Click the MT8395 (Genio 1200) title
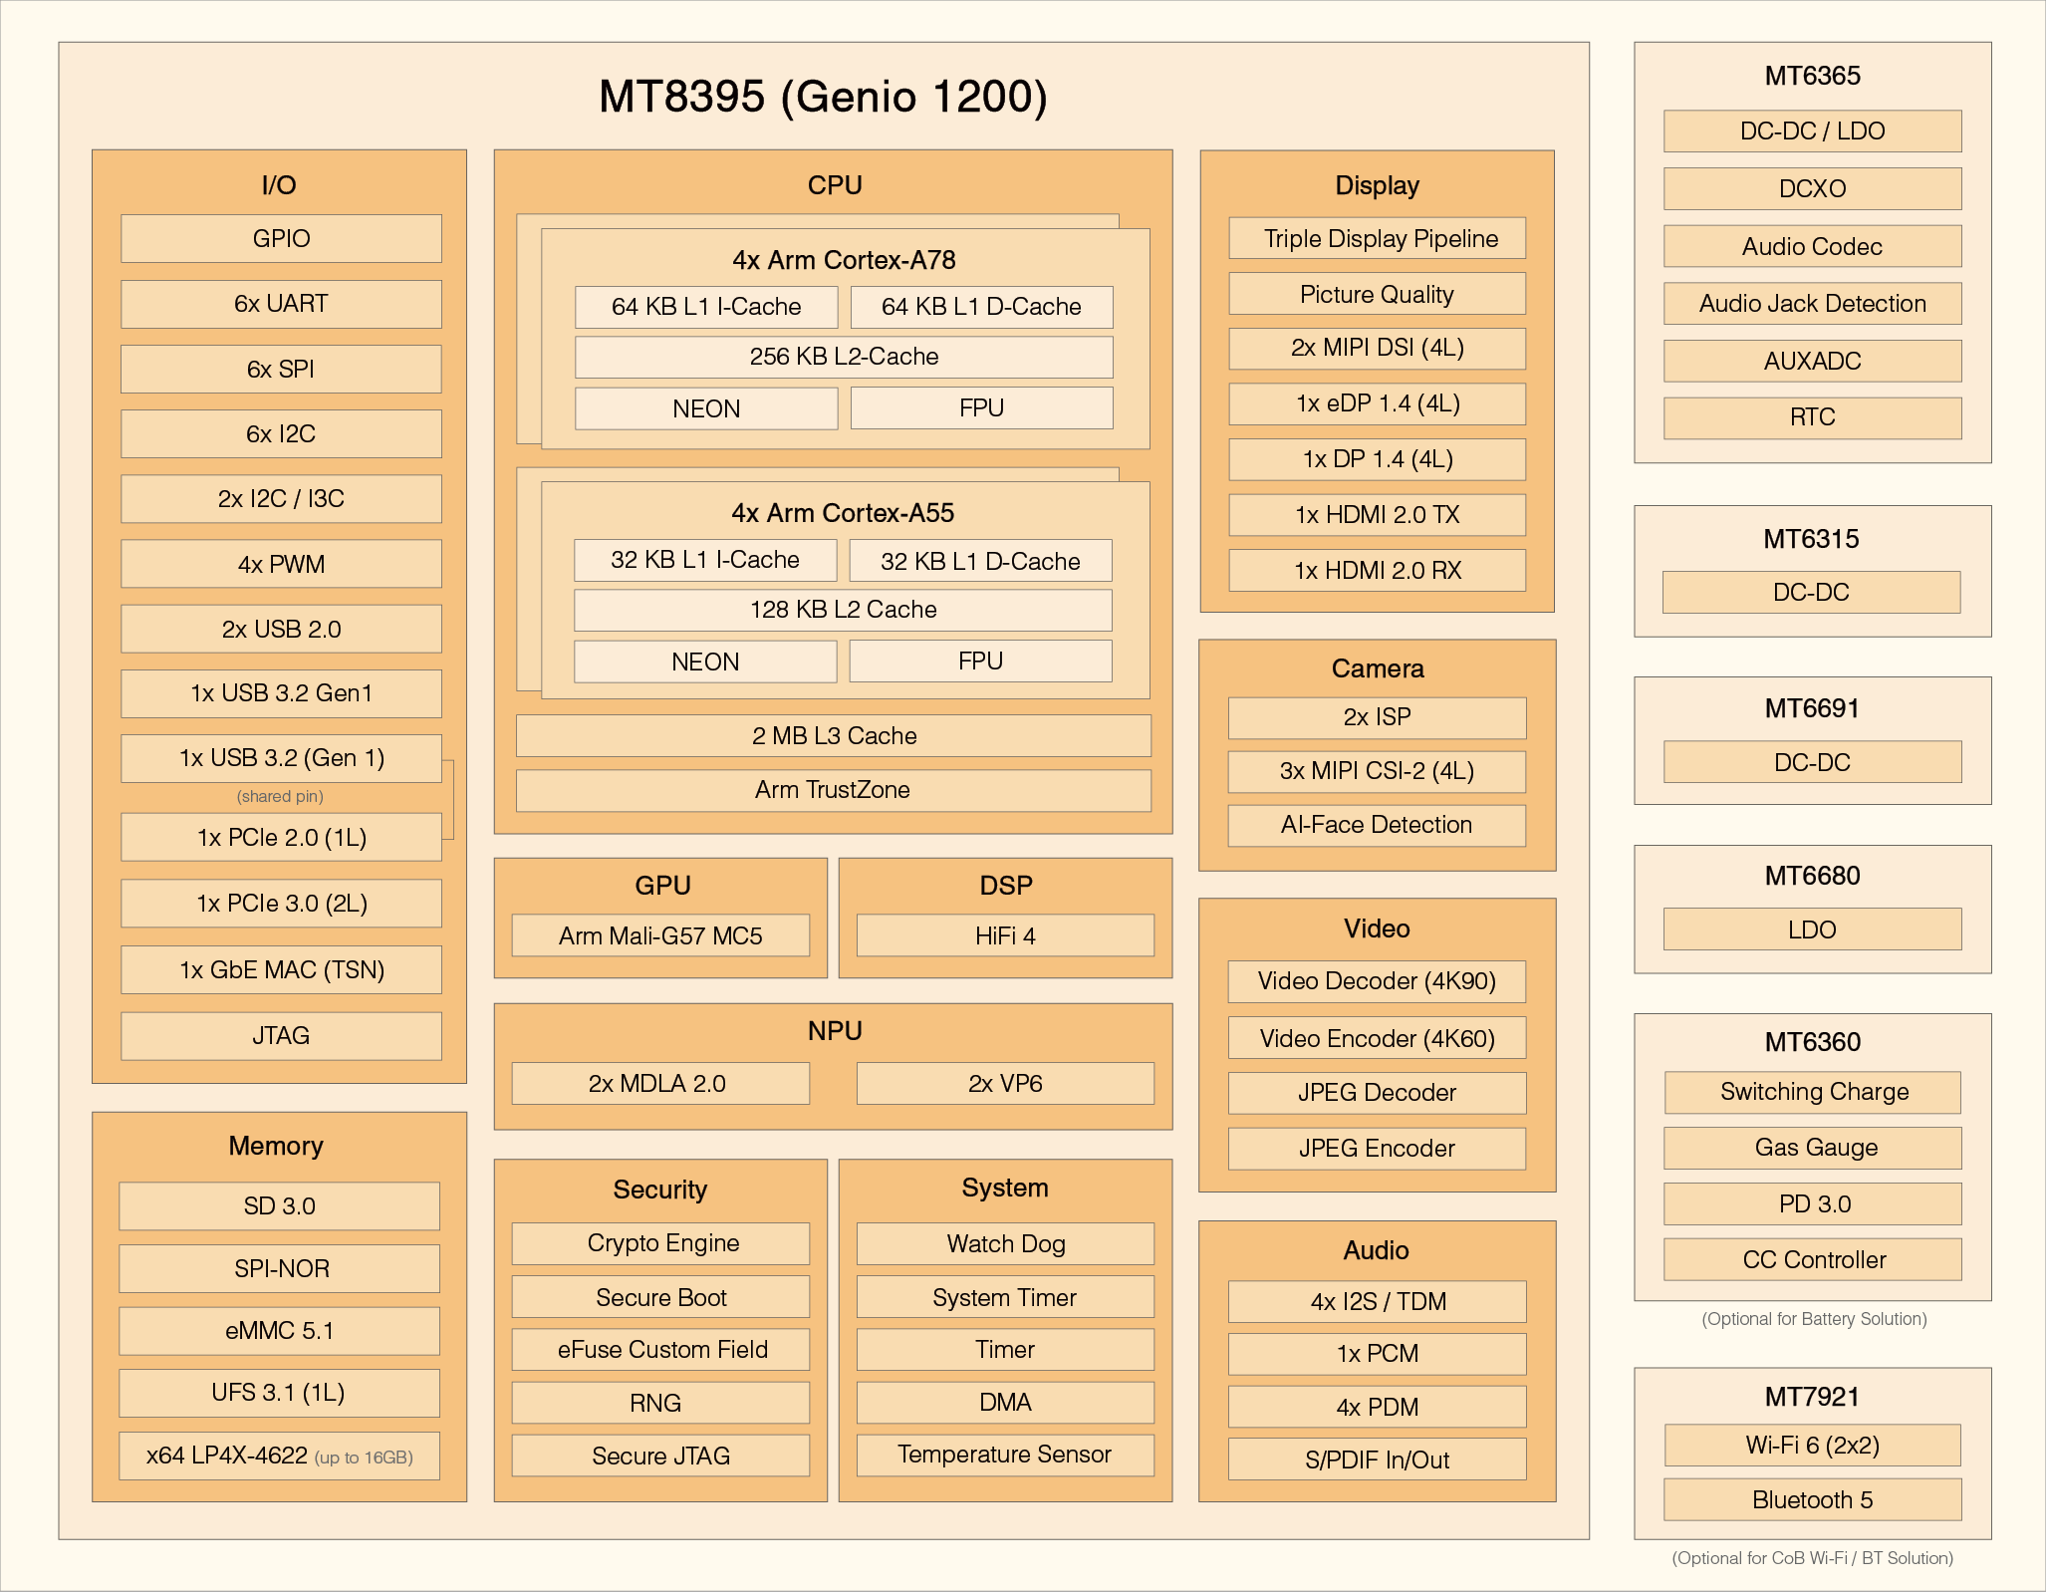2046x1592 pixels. tap(823, 97)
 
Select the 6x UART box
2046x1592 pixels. tap(281, 304)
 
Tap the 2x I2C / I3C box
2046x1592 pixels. tap(281, 499)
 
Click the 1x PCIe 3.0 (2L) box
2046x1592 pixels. tap(281, 904)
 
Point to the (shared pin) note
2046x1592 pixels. tap(280, 796)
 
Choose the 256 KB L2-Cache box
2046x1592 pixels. tap(844, 357)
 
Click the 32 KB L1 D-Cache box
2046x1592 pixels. tap(980, 561)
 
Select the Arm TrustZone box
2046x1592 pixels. tap(833, 790)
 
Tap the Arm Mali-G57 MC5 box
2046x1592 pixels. tap(660, 935)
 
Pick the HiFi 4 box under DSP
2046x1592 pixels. tap(1005, 935)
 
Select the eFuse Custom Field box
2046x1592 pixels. tap(661, 1350)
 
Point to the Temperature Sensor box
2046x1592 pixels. tap(1005, 1455)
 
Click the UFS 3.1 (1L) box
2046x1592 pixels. tap(279, 1393)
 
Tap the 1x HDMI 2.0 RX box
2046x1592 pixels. tap(1377, 570)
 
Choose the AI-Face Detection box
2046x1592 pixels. tap(1377, 825)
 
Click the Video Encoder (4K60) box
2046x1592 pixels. tap(1377, 1038)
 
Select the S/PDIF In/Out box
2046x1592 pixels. tap(1377, 1459)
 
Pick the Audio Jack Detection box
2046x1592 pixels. tap(1812, 304)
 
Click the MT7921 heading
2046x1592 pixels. tap(1812, 1397)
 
